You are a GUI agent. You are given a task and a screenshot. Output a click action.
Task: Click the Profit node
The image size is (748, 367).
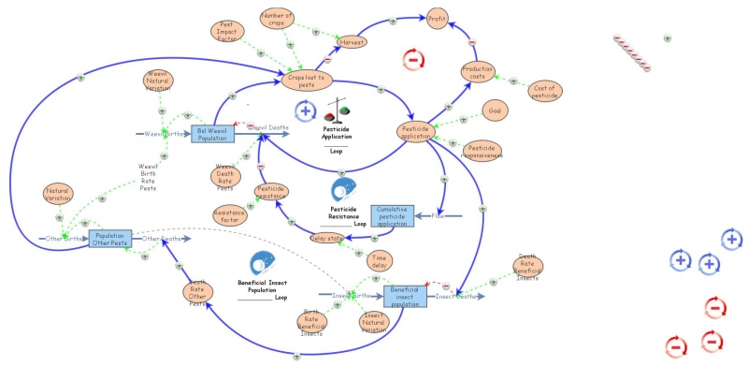(438, 18)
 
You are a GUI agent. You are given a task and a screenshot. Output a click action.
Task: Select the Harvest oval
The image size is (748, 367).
(352, 42)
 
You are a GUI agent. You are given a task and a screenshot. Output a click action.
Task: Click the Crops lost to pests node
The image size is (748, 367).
(308, 81)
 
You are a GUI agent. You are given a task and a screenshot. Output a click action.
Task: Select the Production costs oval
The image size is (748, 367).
(478, 71)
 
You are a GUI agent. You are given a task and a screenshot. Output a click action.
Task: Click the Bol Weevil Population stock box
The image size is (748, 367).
(211, 134)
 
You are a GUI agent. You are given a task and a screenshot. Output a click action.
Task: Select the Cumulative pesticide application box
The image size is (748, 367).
(393, 215)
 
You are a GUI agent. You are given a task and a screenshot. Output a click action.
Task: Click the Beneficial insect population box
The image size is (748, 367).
(404, 295)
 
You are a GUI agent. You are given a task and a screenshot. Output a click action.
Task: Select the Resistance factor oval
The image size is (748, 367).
(229, 214)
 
